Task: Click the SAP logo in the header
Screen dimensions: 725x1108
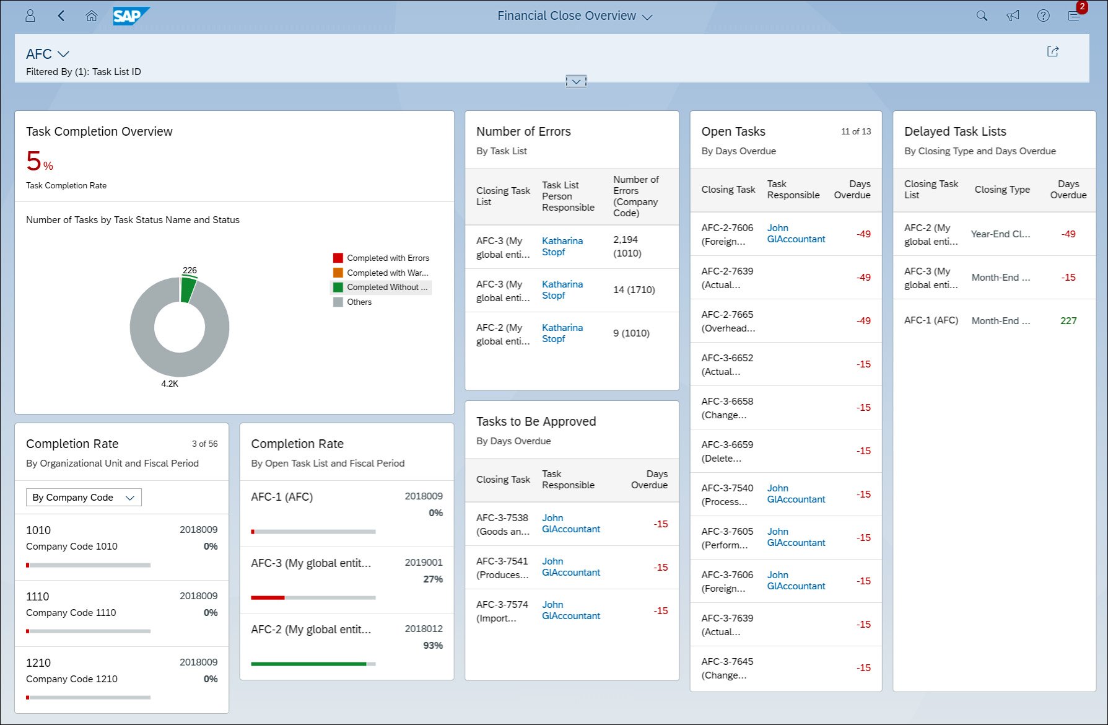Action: pos(130,16)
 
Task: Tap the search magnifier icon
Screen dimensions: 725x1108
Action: pos(982,16)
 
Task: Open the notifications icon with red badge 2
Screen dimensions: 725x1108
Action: pos(1075,15)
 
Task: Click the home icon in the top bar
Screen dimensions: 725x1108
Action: pos(92,16)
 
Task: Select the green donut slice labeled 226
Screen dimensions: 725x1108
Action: pos(188,290)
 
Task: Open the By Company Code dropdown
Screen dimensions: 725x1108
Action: pos(84,498)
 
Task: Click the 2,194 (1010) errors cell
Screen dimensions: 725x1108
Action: pos(627,246)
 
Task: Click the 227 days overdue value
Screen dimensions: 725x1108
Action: pos(1068,320)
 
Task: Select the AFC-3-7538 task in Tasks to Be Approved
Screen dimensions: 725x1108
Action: pos(502,524)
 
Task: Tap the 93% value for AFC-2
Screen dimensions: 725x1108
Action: pos(432,645)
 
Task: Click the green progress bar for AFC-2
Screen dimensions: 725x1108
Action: pos(308,664)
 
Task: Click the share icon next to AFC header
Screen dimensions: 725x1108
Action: pos(1052,51)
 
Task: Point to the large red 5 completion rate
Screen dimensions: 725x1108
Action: pos(33,161)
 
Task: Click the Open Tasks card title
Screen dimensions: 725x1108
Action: pos(733,131)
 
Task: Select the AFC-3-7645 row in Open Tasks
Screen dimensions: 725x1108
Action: pos(728,668)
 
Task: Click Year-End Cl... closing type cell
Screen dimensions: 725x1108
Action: pos(1000,234)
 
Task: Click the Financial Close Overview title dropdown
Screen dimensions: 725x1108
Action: pos(575,16)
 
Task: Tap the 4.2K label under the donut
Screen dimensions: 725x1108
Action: pos(170,384)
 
